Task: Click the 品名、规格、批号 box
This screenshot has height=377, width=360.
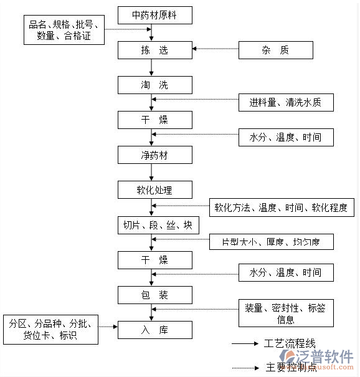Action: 64,29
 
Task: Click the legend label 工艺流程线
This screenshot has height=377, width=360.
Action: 290,344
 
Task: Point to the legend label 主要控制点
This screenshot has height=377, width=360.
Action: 290,367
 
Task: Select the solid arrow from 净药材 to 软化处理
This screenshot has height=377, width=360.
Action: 151,172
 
